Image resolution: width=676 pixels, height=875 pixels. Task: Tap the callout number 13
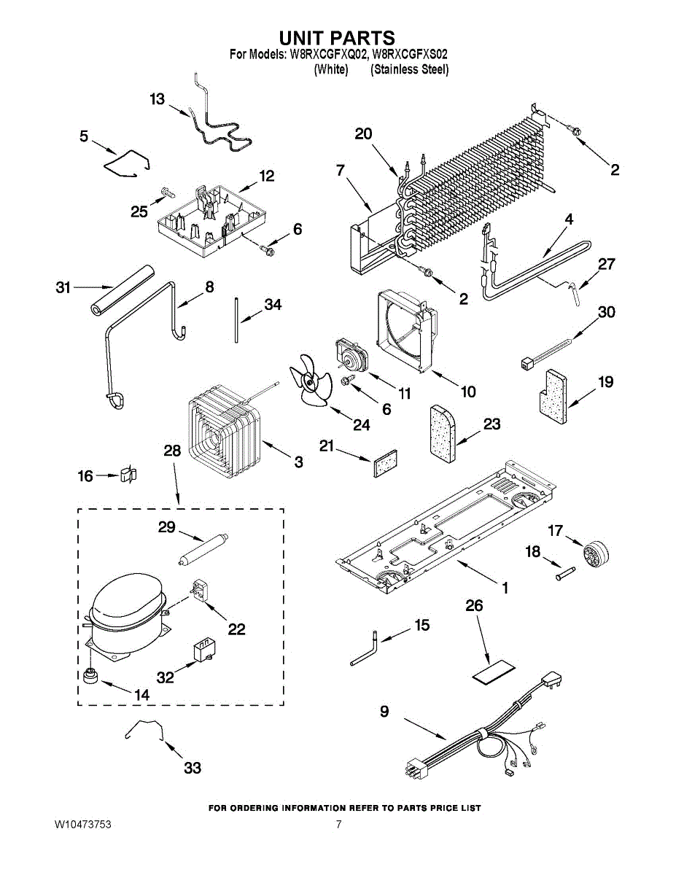158,99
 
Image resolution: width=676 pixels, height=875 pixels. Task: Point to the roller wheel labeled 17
596,555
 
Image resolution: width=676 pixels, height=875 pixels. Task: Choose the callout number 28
172,450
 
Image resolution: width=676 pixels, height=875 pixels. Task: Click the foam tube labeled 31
122,290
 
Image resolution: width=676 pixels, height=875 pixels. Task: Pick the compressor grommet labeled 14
90,676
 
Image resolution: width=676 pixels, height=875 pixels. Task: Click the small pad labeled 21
385,463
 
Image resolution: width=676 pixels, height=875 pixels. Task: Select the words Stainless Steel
409,70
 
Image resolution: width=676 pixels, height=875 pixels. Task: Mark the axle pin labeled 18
565,573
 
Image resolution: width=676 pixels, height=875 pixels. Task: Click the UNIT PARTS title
337,38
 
